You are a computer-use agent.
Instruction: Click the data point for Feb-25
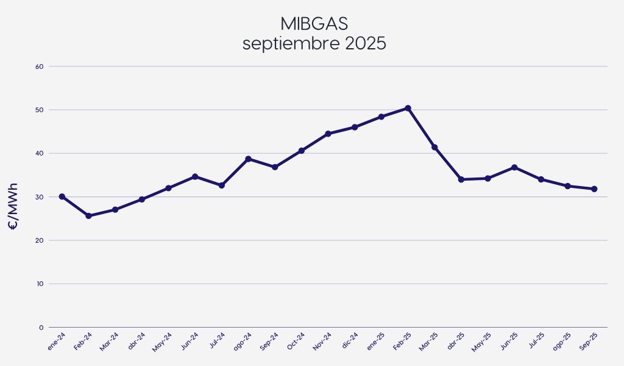pyautogui.click(x=408, y=109)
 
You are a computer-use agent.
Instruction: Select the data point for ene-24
pyautogui.click(x=62, y=196)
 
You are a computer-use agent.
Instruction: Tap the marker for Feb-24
pyautogui.click(x=88, y=216)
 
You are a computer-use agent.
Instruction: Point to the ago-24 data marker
pyautogui.click(x=248, y=159)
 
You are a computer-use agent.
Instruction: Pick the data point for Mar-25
pyautogui.click(x=434, y=147)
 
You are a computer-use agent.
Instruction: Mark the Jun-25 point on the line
pyautogui.click(x=514, y=167)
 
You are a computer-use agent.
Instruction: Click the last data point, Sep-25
pyautogui.click(x=594, y=189)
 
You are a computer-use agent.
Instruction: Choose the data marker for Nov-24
pyautogui.click(x=328, y=134)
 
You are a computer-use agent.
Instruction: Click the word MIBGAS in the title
pyautogui.click(x=314, y=24)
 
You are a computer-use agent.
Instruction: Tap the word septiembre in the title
pyautogui.click(x=284, y=45)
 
